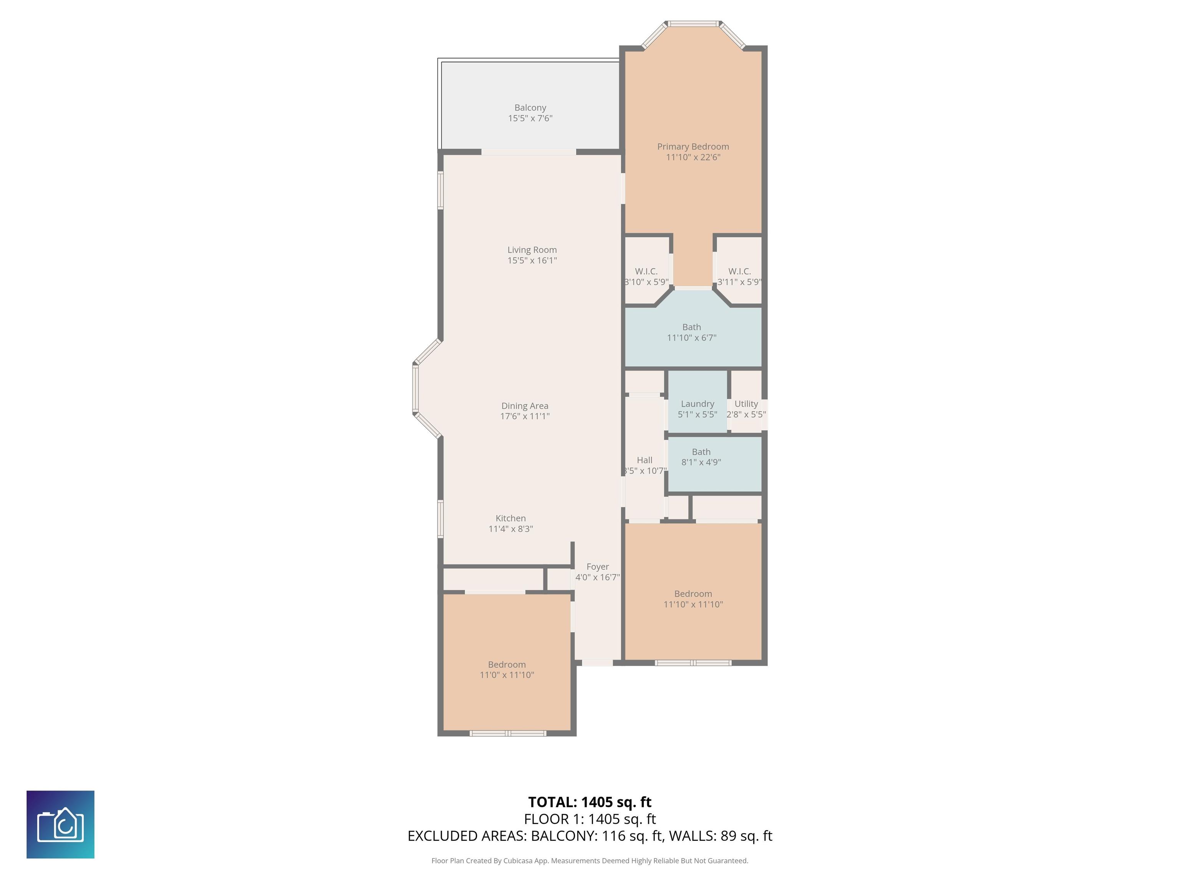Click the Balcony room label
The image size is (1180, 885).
click(x=530, y=108)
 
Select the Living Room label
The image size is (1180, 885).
click(x=532, y=250)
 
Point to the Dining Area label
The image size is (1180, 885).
click(x=524, y=406)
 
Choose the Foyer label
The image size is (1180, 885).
click(x=597, y=567)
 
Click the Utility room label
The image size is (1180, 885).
click(x=746, y=404)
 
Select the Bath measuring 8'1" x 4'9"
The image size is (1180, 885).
click(x=701, y=457)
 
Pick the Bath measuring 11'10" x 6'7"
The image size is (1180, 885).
click(x=691, y=332)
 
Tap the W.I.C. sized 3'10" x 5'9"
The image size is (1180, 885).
click(x=646, y=276)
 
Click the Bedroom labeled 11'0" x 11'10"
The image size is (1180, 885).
click(x=507, y=670)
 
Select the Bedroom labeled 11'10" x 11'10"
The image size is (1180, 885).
click(x=693, y=598)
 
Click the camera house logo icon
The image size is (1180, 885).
click(x=60, y=825)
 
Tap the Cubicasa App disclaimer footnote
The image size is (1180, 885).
click(x=590, y=860)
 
